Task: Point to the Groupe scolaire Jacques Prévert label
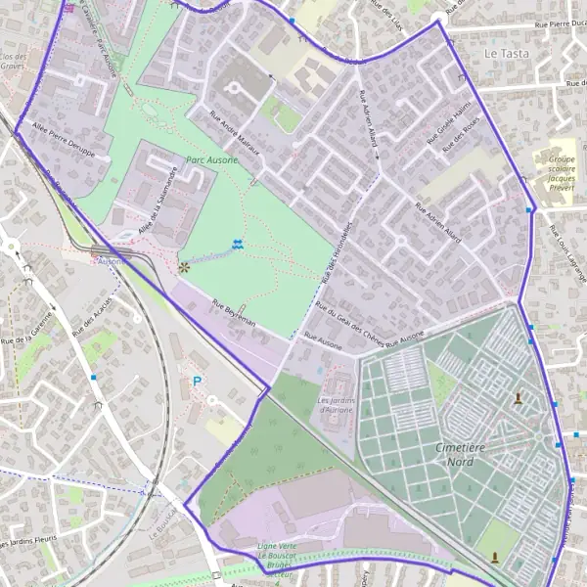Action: pos(562,173)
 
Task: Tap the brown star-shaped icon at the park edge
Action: pos(184,265)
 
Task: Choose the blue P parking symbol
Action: pos(198,382)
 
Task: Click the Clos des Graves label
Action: pos(13,63)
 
